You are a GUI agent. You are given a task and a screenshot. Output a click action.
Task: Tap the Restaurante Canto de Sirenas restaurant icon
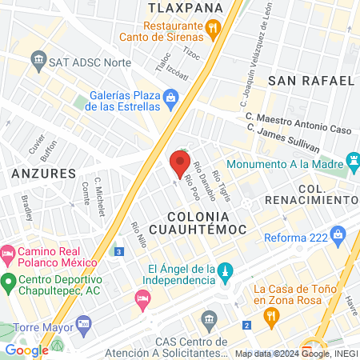213,30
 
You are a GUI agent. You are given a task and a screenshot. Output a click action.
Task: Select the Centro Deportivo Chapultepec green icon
8,282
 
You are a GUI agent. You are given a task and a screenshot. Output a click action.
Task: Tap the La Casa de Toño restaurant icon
270,315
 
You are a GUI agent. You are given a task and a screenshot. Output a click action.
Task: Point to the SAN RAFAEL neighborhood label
310,81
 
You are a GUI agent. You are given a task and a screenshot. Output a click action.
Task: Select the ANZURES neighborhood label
44,173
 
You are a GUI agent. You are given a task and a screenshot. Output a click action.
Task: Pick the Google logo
26,350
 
